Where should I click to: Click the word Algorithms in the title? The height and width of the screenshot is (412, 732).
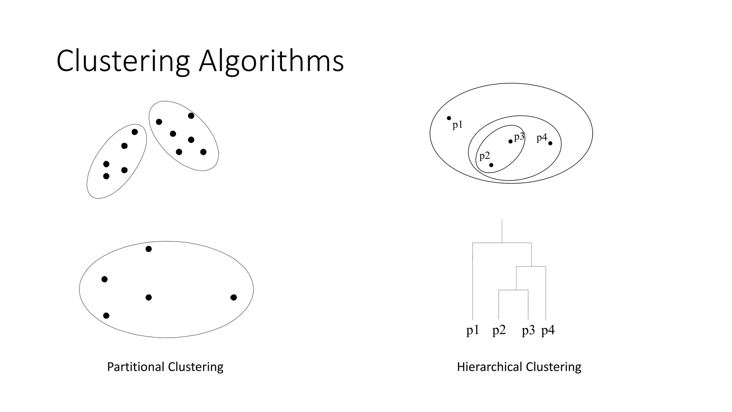point(271,62)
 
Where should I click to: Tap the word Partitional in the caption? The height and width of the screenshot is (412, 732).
point(135,367)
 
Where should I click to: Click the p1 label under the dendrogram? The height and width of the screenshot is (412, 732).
point(473,330)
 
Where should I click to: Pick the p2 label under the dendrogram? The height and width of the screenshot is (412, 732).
point(499,330)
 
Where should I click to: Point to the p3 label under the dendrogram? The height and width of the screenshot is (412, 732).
point(528,330)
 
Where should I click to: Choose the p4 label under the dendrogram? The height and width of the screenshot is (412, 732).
point(548,330)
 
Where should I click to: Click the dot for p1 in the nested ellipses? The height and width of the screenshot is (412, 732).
point(449,118)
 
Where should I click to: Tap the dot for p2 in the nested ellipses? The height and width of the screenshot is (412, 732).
point(491,165)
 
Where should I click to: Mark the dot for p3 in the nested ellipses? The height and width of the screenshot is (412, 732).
point(510,141)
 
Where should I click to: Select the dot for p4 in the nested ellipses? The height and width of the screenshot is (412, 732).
point(550,143)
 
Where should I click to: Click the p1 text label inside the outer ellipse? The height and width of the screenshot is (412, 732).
point(457,125)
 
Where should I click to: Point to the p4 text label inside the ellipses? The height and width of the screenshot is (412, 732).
point(541,138)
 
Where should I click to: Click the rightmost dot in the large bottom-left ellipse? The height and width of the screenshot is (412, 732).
point(233,297)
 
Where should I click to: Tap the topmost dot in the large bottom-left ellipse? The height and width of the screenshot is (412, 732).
point(149,249)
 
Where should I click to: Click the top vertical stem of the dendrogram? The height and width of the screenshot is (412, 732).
point(502,231)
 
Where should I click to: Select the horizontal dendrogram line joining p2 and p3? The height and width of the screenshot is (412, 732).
point(513,290)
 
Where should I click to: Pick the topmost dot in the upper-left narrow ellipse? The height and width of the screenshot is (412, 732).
point(135,132)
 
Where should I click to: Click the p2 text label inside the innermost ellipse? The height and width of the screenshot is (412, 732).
point(484,156)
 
